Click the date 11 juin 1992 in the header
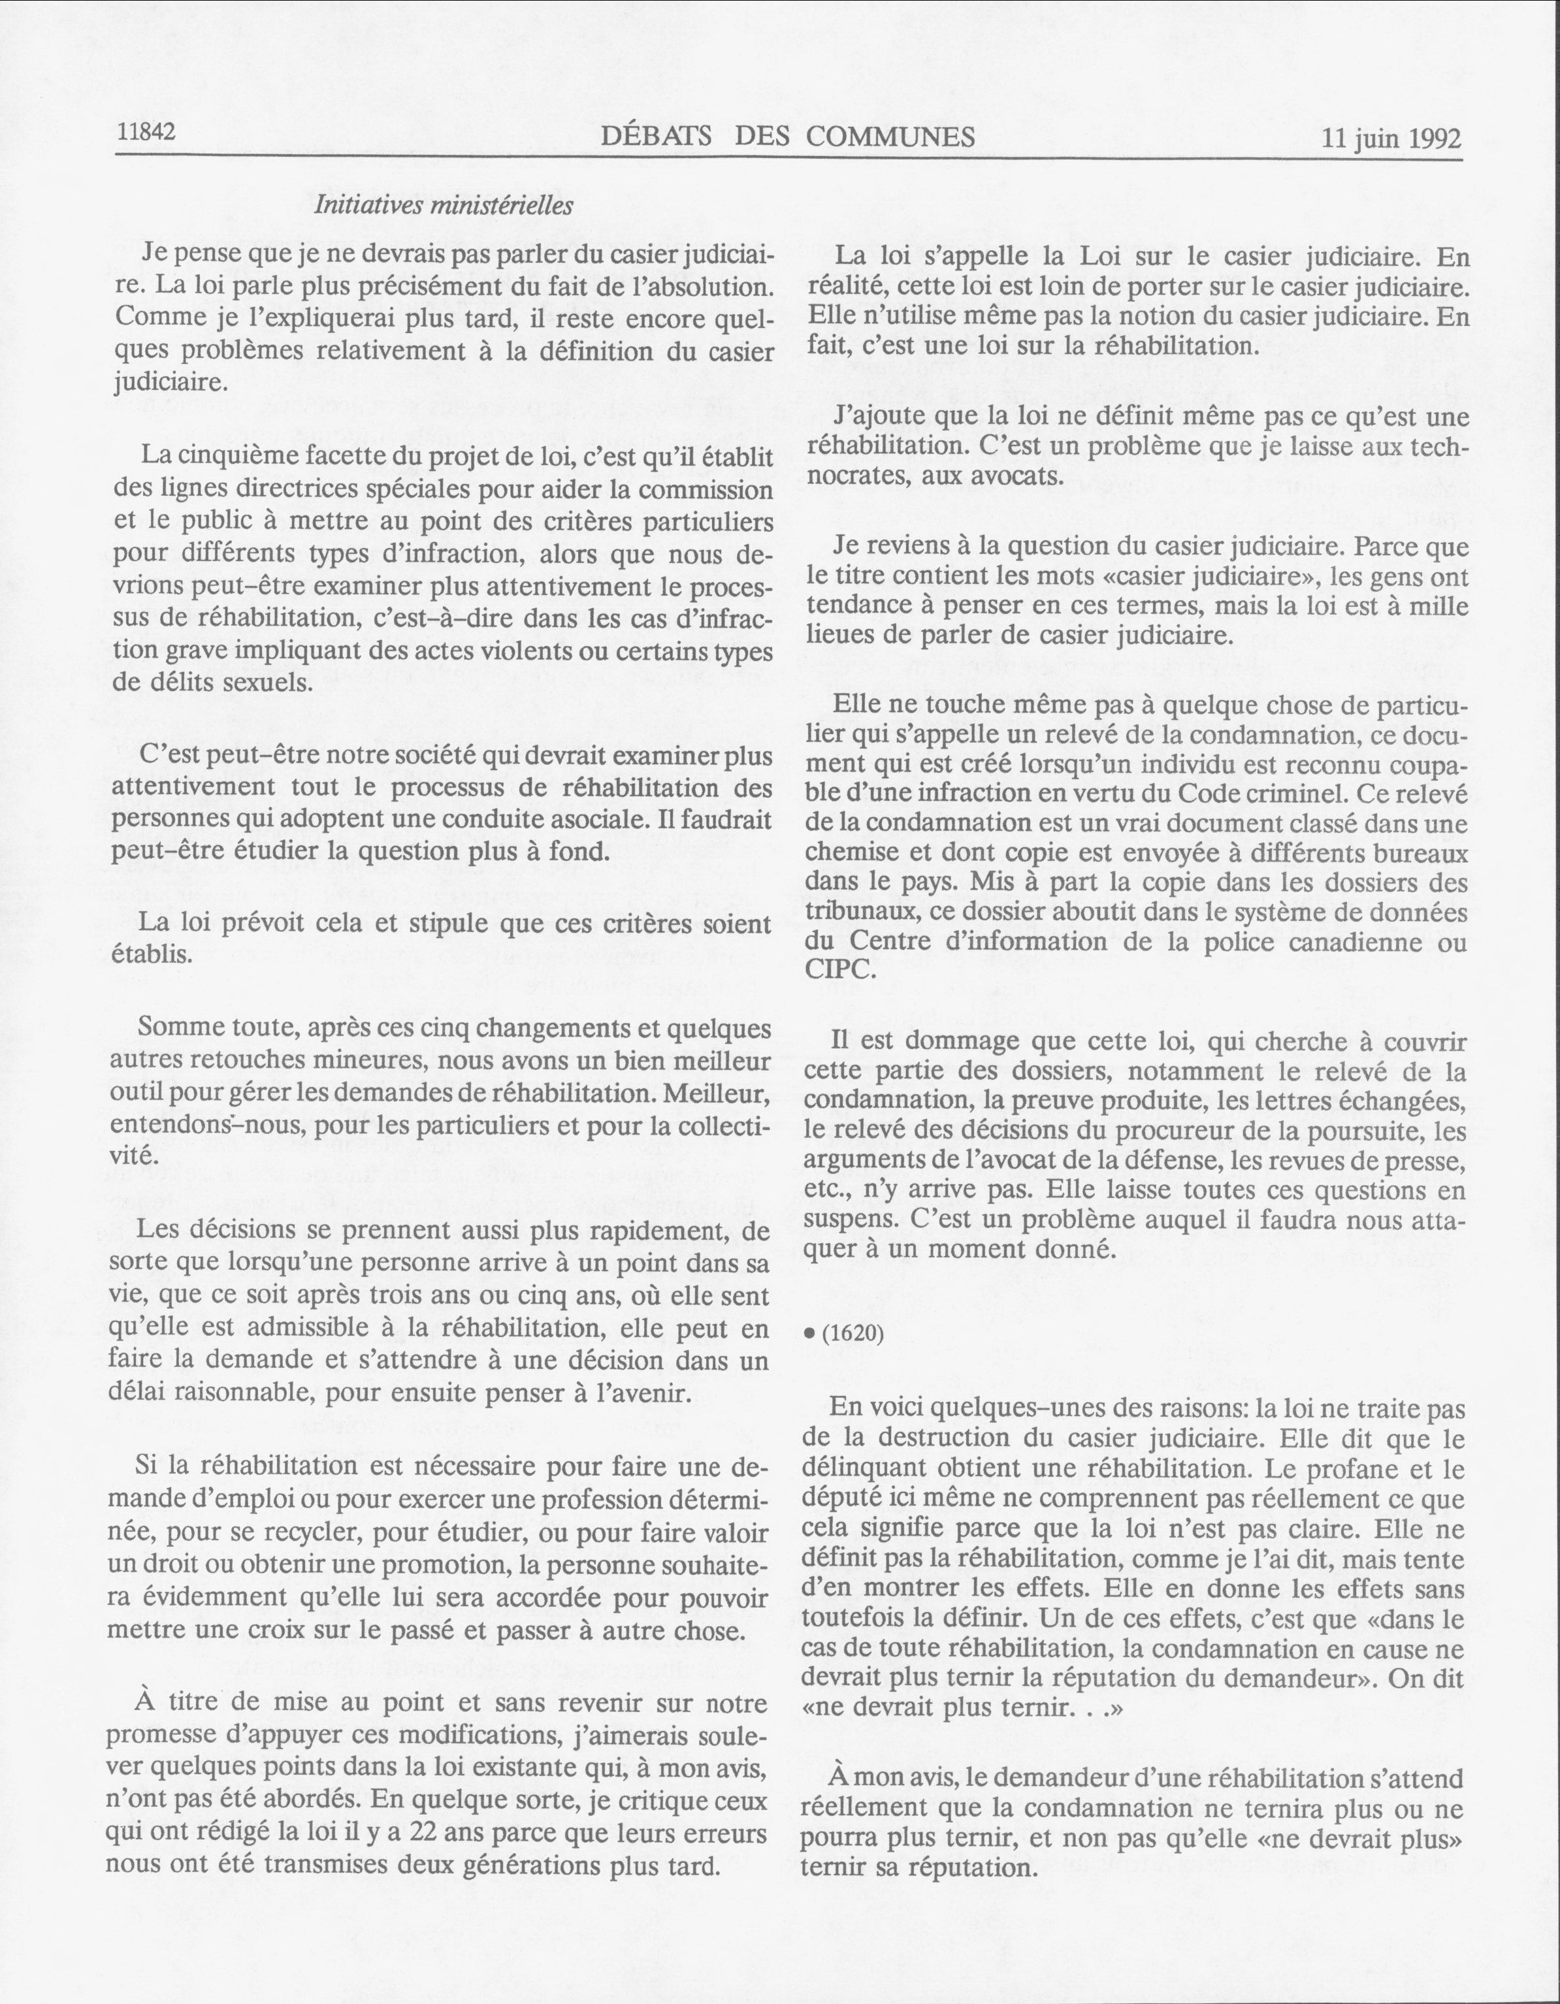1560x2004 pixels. point(1391,138)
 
